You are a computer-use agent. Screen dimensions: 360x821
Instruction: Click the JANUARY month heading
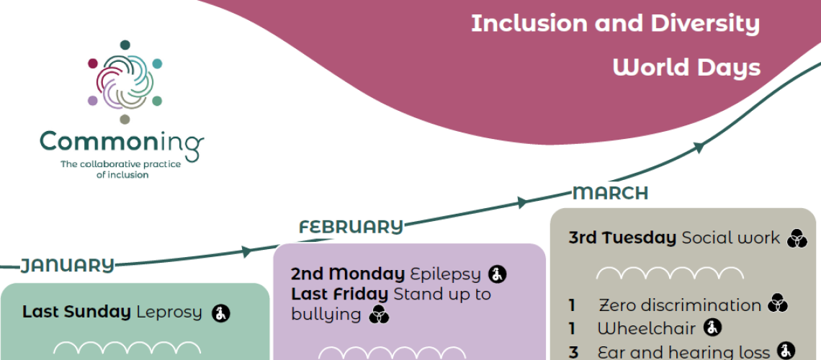click(x=67, y=265)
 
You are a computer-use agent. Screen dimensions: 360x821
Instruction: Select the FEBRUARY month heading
click(x=351, y=227)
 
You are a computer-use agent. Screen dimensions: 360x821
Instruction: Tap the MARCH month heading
click(x=610, y=193)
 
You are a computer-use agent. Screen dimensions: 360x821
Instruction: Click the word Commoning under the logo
click(x=121, y=142)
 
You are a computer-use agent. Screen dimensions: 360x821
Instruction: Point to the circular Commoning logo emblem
click(x=125, y=81)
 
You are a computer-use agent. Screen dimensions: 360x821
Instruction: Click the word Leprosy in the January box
click(x=169, y=312)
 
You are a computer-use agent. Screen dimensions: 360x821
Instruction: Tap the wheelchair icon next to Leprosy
click(x=221, y=313)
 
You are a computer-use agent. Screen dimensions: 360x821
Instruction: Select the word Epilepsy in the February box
click(x=445, y=274)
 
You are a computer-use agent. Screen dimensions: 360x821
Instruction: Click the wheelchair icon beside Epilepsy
click(x=497, y=274)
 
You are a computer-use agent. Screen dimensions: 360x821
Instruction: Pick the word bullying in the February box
click(x=326, y=315)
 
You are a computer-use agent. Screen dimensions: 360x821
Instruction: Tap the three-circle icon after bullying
click(x=379, y=315)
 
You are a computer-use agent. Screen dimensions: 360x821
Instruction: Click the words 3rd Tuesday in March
click(x=622, y=237)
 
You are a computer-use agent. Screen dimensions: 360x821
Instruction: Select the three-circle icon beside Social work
click(x=797, y=238)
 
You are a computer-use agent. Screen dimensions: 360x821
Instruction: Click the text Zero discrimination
click(x=679, y=305)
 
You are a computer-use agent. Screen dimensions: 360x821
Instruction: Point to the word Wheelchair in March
click(x=646, y=328)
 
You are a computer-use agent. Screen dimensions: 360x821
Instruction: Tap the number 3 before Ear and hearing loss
click(x=573, y=352)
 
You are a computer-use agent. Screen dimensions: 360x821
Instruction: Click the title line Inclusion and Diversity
click(x=615, y=23)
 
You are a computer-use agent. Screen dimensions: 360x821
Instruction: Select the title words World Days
click(x=686, y=67)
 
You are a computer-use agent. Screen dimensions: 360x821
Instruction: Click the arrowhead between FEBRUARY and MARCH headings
click(x=522, y=203)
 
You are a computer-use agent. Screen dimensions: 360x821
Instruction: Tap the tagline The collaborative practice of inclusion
click(x=121, y=169)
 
